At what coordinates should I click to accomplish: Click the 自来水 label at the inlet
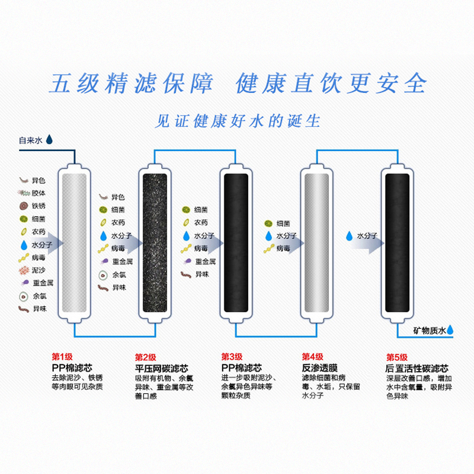pos(31,141)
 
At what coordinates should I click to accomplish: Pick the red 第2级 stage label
pos(145,357)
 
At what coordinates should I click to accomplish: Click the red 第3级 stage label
pos(232,357)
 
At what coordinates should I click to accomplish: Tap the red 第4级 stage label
pos(312,357)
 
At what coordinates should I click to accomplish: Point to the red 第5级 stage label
pos(397,357)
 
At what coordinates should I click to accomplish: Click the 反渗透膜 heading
pos(318,367)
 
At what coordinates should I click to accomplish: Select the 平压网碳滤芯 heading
pos(163,367)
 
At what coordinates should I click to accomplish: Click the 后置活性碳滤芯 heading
pos(414,367)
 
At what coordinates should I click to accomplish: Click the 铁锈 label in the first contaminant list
pos(39,206)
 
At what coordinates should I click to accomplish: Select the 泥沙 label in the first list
pos(39,270)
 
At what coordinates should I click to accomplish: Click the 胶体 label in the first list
pos(39,193)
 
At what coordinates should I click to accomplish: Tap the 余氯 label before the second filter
pos(118,274)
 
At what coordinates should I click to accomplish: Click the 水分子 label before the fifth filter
pos(367,235)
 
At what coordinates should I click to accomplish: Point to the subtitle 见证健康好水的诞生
pos(237,121)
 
